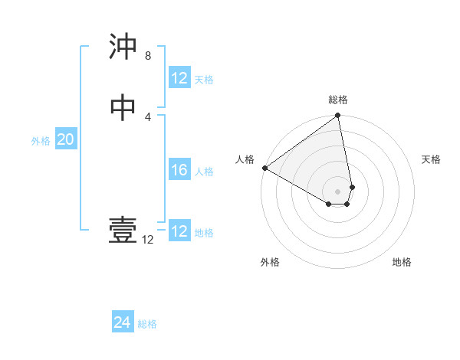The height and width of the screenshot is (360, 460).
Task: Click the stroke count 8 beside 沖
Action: click(x=147, y=56)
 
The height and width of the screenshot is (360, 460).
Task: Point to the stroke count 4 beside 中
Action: click(x=147, y=116)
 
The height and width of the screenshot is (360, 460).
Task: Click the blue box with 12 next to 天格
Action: click(x=179, y=78)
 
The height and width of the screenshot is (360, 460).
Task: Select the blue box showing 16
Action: click(x=179, y=170)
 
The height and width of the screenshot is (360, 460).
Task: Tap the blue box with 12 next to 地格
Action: click(x=179, y=231)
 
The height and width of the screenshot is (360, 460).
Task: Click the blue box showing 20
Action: click(x=66, y=140)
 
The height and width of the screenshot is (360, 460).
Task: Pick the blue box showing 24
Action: click(x=123, y=323)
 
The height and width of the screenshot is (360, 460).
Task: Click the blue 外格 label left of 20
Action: click(x=41, y=141)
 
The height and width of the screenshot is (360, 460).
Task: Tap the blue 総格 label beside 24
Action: click(x=147, y=324)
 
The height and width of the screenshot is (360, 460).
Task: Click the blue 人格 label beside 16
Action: click(x=204, y=172)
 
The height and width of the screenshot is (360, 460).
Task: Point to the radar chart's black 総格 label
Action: click(x=338, y=100)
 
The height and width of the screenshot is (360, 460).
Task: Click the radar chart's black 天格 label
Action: click(x=431, y=159)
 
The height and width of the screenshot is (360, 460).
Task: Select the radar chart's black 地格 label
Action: click(x=402, y=262)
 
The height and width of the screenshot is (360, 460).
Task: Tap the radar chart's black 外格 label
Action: click(x=270, y=262)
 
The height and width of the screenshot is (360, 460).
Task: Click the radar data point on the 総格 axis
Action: click(x=337, y=116)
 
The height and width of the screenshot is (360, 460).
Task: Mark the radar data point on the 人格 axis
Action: click(x=264, y=168)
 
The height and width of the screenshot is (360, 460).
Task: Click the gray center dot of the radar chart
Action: click(x=337, y=191)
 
